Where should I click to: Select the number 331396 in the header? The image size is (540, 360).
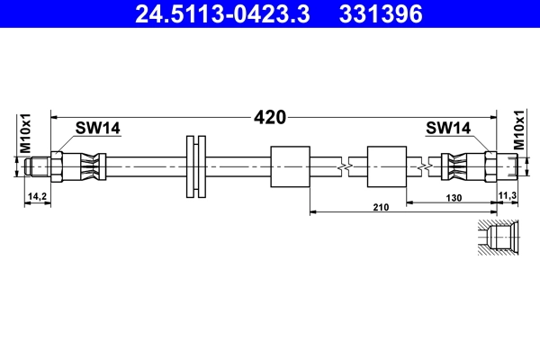click(x=380, y=14)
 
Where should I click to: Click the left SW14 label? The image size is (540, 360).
click(x=97, y=129)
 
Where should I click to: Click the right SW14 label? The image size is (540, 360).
click(x=448, y=129)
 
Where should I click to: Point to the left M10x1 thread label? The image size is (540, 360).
click(x=25, y=133)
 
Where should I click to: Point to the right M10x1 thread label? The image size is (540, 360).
click(x=518, y=132)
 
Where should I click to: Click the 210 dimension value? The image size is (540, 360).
click(x=380, y=208)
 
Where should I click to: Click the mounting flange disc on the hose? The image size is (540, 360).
click(x=195, y=166)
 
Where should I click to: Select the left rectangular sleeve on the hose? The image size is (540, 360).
click(x=290, y=166)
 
